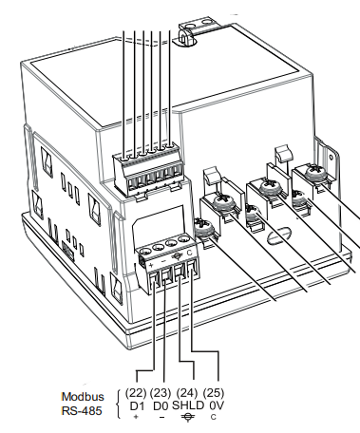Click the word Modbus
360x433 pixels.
[x=82, y=396]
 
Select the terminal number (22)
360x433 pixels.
[x=137, y=392]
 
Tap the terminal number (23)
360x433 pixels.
[x=161, y=392]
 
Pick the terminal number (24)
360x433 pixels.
[x=187, y=392]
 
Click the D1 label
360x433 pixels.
[x=137, y=405]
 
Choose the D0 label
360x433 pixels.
[x=161, y=405]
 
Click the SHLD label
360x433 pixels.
[x=188, y=405]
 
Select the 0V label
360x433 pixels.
[x=217, y=405]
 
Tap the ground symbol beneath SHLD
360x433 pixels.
[x=188, y=418]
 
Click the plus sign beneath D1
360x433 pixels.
[x=137, y=418]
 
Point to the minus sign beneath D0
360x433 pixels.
[x=161, y=418]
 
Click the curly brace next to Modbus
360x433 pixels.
[x=118, y=404]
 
